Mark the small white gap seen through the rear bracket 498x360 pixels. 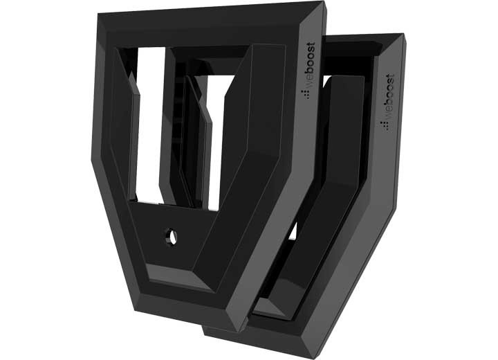point(293,231)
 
